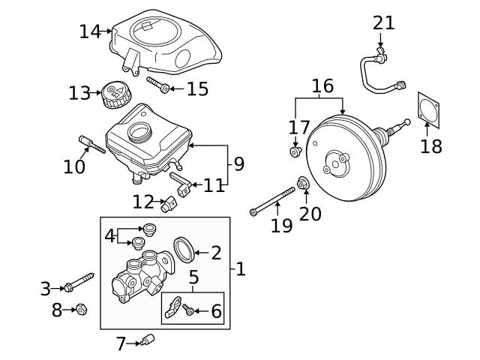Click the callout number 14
[89, 31]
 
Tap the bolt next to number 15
[158, 85]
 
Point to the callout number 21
[383, 22]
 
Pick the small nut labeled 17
[295, 152]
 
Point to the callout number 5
[193, 278]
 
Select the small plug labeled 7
[147, 340]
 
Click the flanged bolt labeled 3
[78, 283]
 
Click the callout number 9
[238, 163]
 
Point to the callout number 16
[322, 85]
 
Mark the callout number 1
[241, 268]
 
